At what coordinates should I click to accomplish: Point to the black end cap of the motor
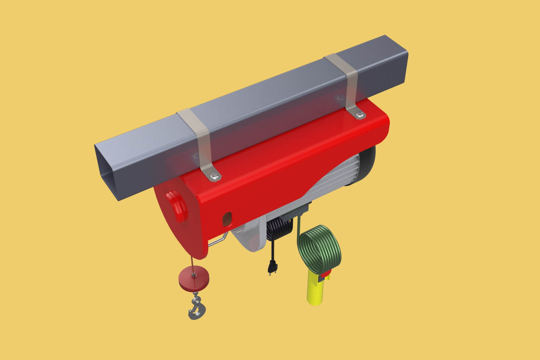coord(368,166)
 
